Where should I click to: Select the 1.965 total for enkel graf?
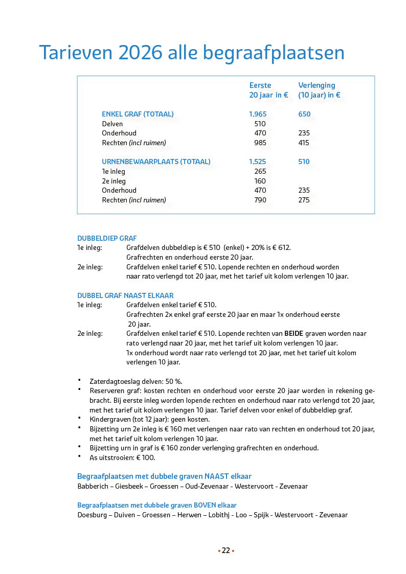point(258,114)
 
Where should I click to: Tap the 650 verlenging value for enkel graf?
point(304,114)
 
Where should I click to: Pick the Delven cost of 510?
point(260,124)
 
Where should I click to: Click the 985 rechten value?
point(260,143)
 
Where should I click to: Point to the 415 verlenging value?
point(304,143)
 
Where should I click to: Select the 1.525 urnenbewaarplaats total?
point(258,162)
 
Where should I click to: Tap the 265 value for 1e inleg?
point(260,171)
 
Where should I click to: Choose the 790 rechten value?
point(260,200)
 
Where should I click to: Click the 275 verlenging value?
point(304,200)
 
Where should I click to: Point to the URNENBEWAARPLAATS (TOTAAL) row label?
point(156,162)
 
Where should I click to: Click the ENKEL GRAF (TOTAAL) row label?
point(138,114)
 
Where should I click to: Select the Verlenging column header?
point(317,85)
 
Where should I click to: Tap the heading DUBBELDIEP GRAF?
point(107,238)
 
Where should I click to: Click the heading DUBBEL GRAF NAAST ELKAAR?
point(125,295)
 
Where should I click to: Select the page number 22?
point(225,550)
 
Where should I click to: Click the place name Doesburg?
point(92,515)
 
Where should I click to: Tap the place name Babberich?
point(93,486)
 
